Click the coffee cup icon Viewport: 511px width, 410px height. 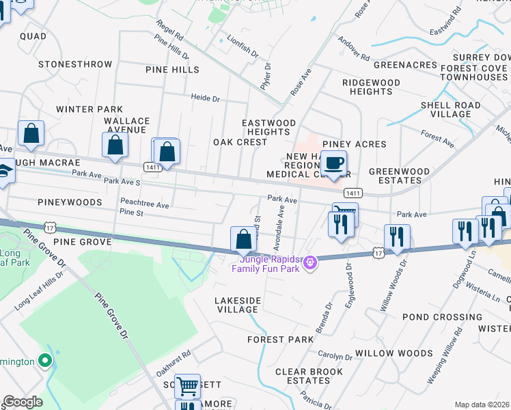pyautogui.click(x=333, y=164)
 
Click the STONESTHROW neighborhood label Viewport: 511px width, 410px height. pyautogui.click(x=75, y=64)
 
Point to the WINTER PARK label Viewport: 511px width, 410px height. pyautogui.click(x=89, y=109)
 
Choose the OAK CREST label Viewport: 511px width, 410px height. pyautogui.click(x=240, y=142)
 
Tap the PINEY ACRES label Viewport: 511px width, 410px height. pyautogui.click(x=355, y=144)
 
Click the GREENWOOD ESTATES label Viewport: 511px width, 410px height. pyautogui.click(x=400, y=176)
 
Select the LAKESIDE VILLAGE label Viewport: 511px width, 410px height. pyautogui.click(x=237, y=305)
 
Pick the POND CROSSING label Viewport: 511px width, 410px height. pyautogui.click(x=433, y=317)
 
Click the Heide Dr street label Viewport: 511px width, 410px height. pyautogui.click(x=205, y=99)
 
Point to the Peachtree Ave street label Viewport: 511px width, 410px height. pyautogui.click(x=144, y=204)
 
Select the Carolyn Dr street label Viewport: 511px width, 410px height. pyautogui.click(x=335, y=356)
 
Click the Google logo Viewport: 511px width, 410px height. pyautogui.click(x=23, y=402)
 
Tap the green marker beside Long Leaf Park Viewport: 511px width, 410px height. pyautogui.click(x=46, y=360)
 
